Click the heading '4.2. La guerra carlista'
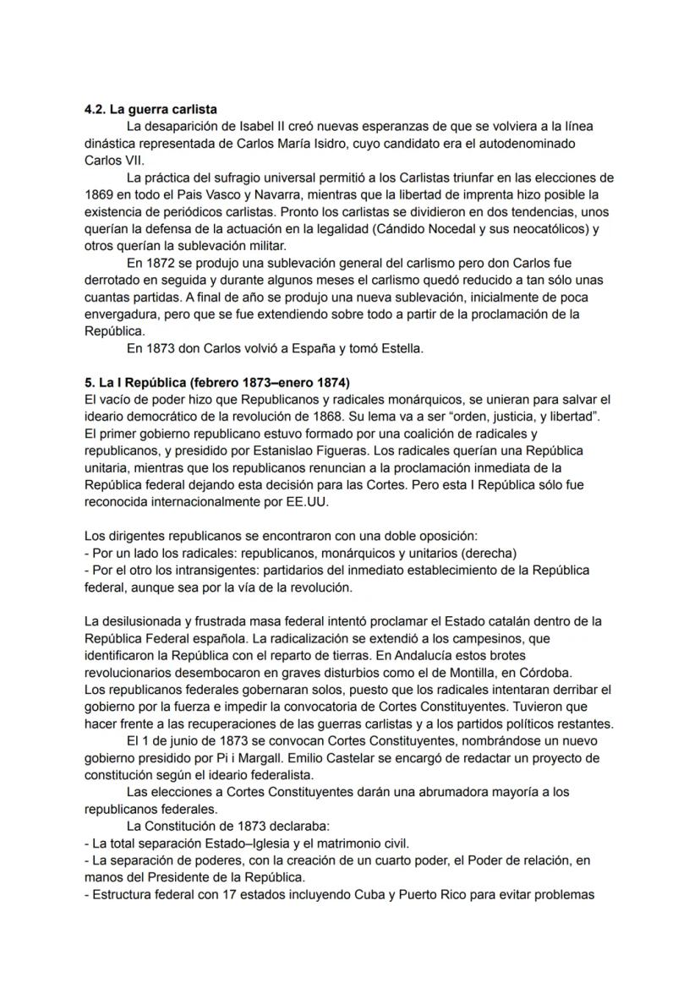[x=151, y=110]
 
